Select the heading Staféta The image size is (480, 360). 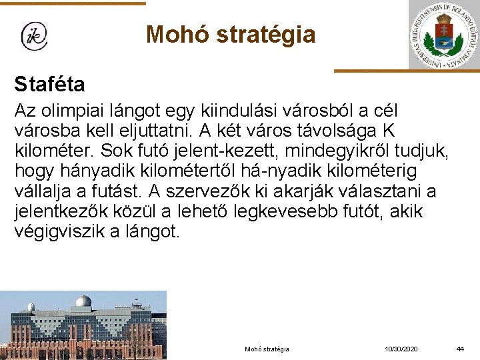tap(49, 85)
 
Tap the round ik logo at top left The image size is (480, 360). tap(34, 36)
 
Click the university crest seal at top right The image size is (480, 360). tap(445, 34)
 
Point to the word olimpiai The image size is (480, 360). tap(77, 110)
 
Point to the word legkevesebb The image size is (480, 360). tap(303, 212)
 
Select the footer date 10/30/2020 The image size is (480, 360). tap(401, 349)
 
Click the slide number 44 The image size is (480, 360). tap(459, 349)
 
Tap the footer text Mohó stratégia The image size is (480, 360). tap(267, 349)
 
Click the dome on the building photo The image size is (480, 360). tap(83, 303)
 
